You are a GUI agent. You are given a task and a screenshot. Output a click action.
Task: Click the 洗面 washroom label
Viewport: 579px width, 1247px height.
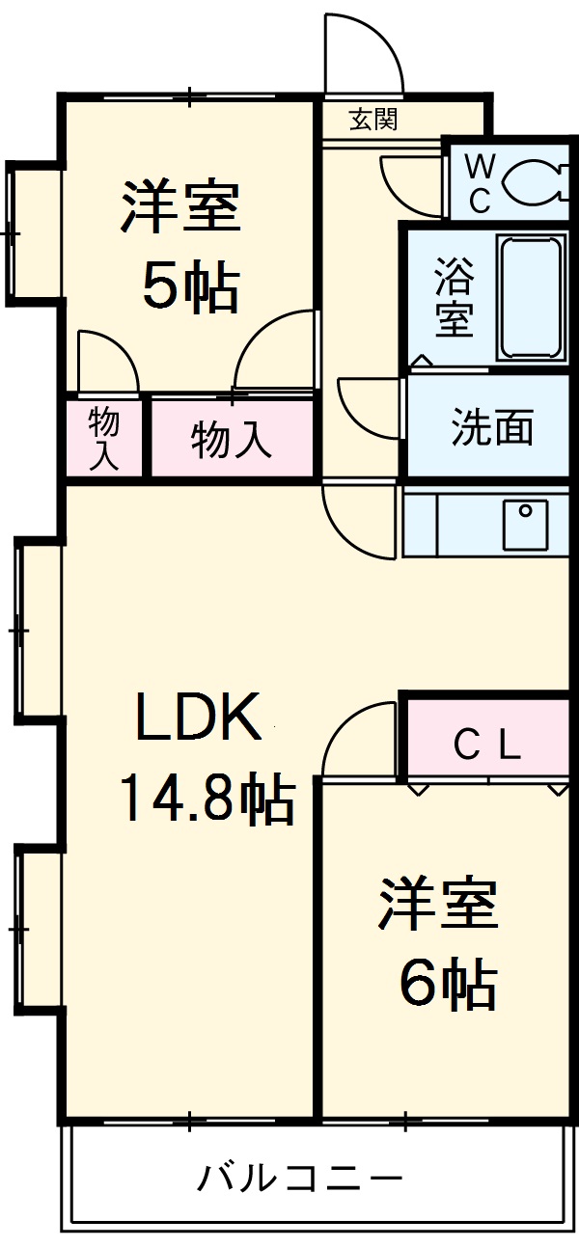tap(492, 426)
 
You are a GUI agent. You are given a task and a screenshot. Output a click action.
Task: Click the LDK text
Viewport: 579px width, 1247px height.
tap(198, 718)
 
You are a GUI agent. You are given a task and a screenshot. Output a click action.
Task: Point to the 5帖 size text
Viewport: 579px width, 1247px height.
tap(190, 286)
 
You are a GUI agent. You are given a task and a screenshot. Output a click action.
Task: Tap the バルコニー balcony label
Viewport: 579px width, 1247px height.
tap(300, 1179)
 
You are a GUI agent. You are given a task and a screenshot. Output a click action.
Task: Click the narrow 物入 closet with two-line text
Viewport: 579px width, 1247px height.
tap(103, 439)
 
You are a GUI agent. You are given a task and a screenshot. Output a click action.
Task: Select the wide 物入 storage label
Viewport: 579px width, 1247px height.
tap(231, 440)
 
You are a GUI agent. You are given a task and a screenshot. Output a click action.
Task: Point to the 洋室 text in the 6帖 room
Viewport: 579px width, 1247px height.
tap(437, 904)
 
